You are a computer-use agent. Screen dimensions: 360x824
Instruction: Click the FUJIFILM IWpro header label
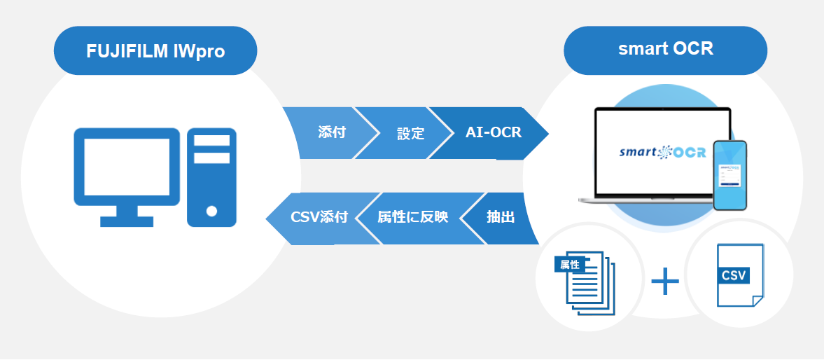click(155, 51)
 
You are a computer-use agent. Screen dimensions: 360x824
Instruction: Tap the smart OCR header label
click(665, 50)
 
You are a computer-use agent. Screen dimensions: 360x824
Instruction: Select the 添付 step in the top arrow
click(331, 132)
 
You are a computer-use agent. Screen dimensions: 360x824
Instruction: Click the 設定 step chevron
click(410, 133)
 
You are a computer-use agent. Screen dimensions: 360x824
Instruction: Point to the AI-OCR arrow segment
click(494, 132)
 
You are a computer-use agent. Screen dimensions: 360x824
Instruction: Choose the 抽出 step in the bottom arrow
click(501, 218)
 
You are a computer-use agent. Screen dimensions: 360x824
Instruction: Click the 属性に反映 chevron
click(412, 218)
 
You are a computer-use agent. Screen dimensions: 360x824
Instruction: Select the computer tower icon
click(212, 177)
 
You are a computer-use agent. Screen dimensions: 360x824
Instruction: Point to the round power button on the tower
click(211, 210)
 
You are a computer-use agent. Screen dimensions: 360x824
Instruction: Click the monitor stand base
click(127, 221)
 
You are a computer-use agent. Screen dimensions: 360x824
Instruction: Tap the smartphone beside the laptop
click(729, 175)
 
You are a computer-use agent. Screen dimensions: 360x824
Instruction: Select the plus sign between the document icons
click(665, 283)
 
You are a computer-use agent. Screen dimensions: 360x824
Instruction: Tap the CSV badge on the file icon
click(734, 275)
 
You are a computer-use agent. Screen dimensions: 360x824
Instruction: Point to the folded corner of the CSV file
click(757, 300)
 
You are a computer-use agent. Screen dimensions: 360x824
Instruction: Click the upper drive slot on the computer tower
click(212, 140)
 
